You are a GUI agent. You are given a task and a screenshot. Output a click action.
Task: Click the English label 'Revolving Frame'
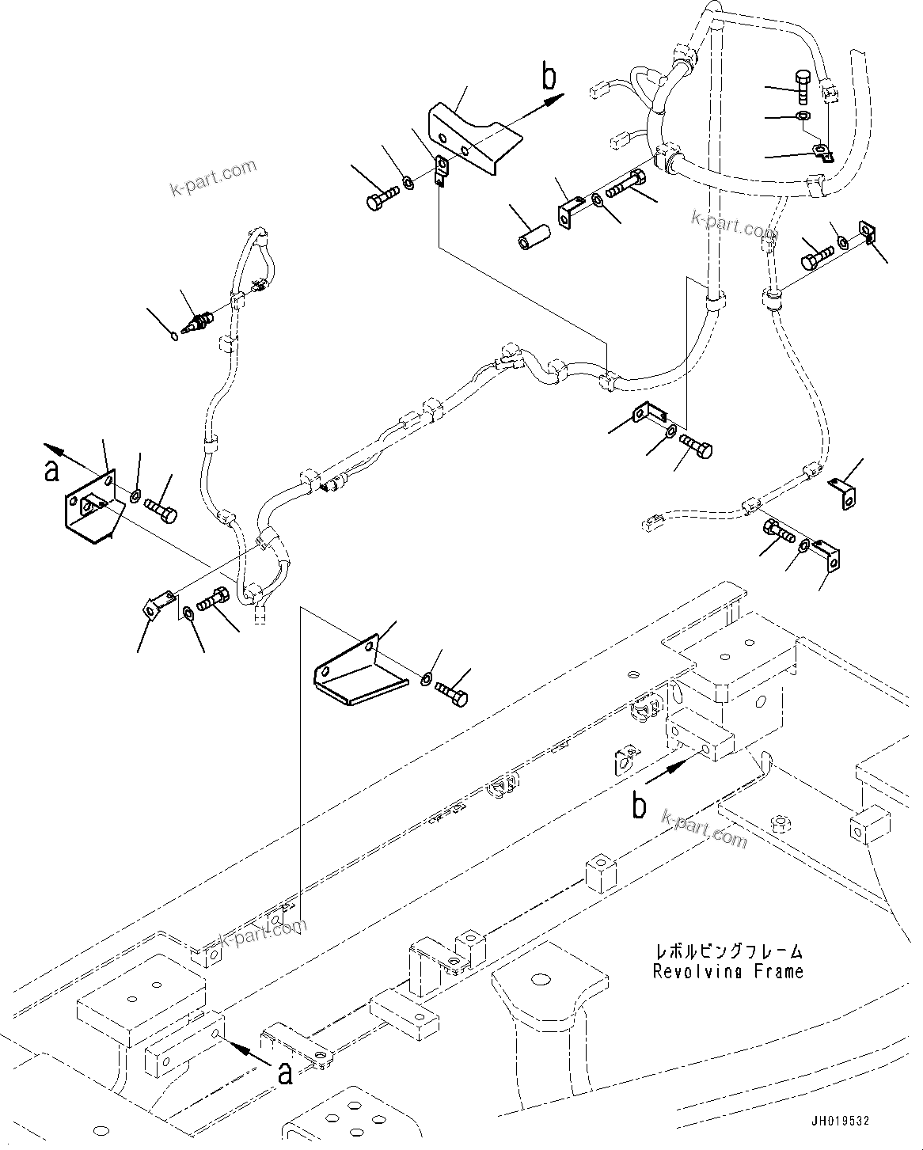coord(727,971)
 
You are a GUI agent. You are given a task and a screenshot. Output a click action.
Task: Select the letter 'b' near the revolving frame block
coord(639,805)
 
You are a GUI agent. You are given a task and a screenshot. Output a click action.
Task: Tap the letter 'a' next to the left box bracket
coord(51,469)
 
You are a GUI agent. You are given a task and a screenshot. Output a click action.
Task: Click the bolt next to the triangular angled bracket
coord(453,694)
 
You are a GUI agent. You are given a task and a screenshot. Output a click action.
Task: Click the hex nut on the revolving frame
coord(781,824)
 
